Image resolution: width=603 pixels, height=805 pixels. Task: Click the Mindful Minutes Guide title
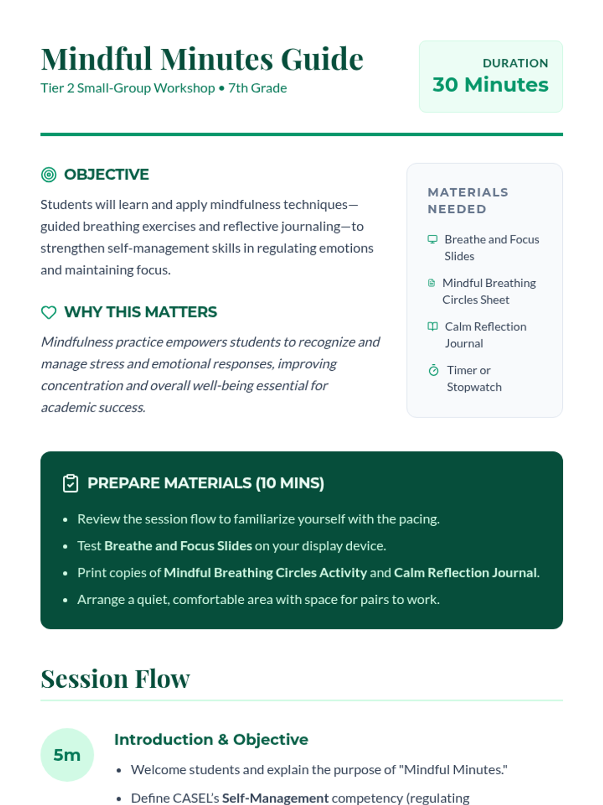coord(202,59)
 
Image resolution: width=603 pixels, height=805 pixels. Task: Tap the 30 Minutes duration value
coord(490,85)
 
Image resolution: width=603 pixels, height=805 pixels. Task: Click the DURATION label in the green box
coord(515,63)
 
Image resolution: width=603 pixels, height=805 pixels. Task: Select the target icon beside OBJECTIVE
coord(49,175)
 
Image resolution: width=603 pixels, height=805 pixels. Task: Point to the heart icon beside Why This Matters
coord(49,312)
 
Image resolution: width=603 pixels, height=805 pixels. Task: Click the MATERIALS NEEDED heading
coord(468,200)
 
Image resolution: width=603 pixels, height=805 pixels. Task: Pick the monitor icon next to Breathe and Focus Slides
coord(432,239)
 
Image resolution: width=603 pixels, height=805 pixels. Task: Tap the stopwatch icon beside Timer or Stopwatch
coord(434,370)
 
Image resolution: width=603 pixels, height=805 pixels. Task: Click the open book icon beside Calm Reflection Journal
coord(432,327)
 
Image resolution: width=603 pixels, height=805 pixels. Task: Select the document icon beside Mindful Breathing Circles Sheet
coord(431,283)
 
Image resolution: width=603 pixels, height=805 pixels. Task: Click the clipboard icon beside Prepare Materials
coord(70,483)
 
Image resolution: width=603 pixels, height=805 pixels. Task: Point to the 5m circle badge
coord(67,755)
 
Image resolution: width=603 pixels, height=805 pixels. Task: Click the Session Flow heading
coord(115,679)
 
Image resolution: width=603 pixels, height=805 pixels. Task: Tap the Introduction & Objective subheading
coord(211,740)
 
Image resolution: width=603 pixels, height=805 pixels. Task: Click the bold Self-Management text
coord(275,798)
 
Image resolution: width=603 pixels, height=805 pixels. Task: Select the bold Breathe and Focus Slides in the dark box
coord(178,546)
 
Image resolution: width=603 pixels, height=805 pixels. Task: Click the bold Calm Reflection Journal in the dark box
coord(465,573)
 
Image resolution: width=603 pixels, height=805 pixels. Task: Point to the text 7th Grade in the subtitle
coord(257,88)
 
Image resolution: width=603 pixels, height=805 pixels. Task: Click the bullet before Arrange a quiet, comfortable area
coord(65,600)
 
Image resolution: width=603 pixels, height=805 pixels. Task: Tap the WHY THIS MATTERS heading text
coord(141,312)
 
